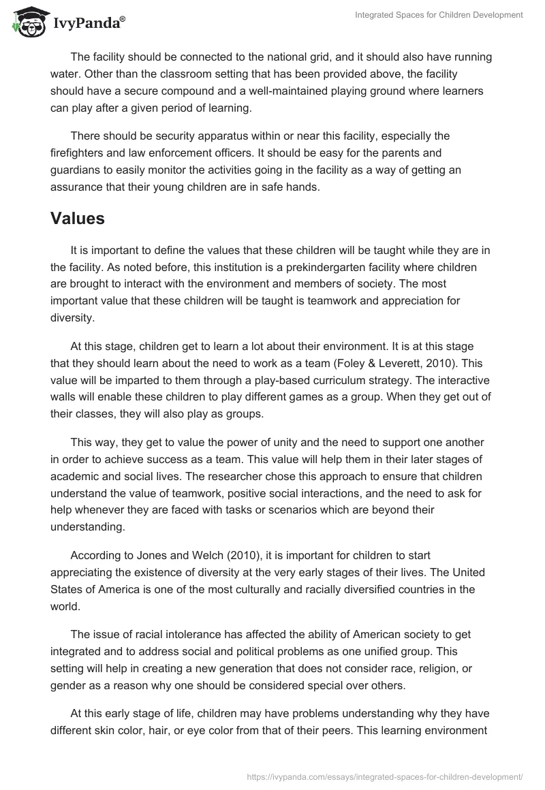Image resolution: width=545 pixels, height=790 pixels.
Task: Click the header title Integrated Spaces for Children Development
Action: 439,14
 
